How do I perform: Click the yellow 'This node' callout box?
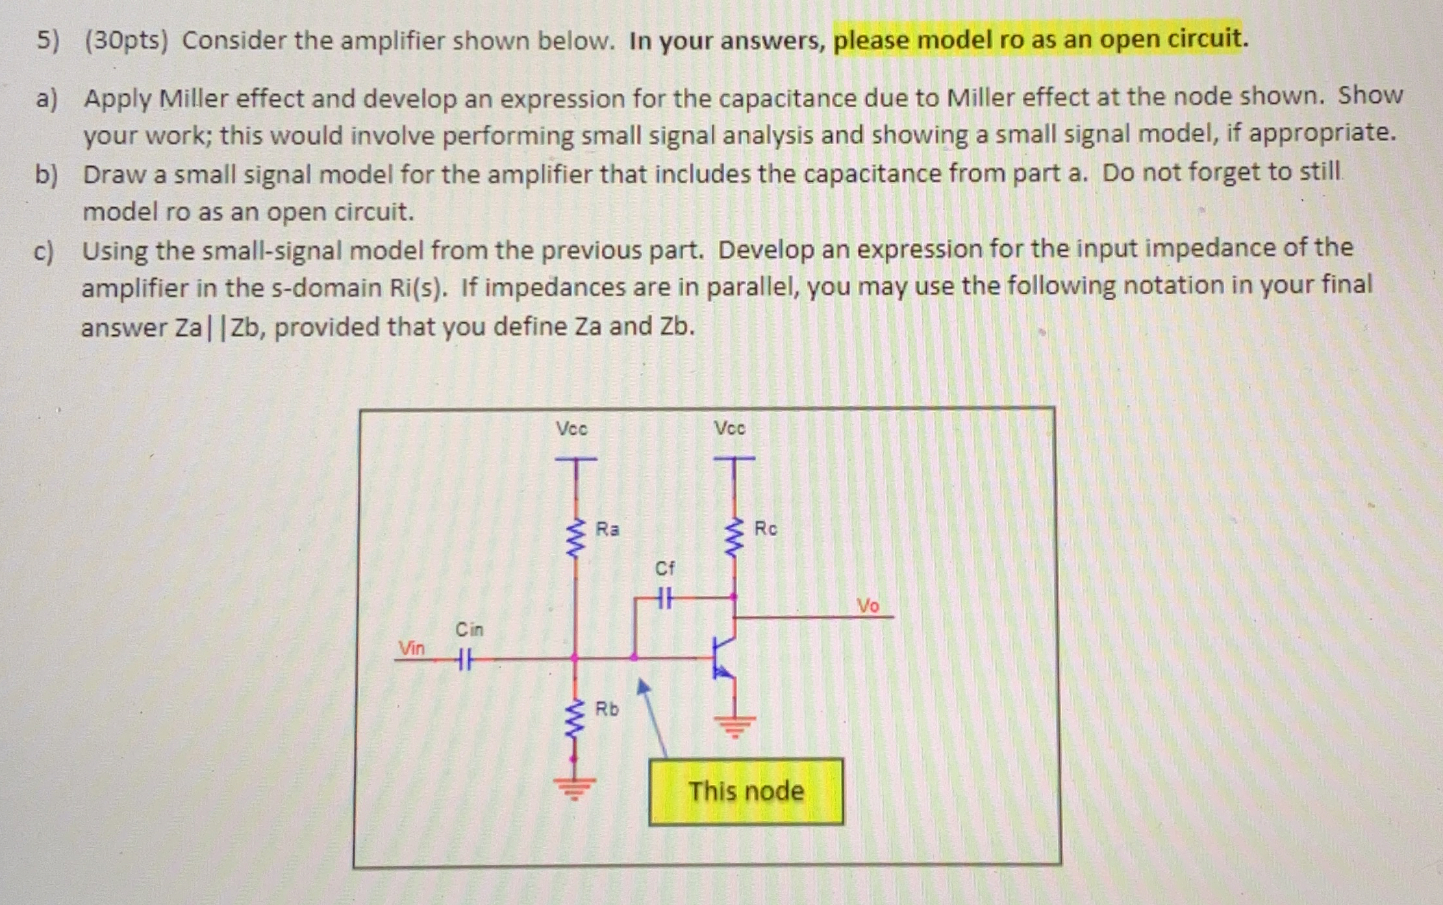coord(746,791)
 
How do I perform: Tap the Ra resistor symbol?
coord(575,539)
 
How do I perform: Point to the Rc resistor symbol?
coord(734,539)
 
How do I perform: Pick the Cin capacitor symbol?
coord(463,661)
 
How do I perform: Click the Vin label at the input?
coord(411,648)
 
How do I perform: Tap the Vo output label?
coord(868,605)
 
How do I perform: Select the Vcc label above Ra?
coord(571,429)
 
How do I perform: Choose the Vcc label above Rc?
coord(730,428)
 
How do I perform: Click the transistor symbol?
coord(724,658)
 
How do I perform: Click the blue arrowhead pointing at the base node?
coord(643,687)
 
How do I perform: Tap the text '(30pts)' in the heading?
coord(126,41)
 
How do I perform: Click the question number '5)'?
coord(47,41)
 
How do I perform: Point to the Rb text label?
coord(607,709)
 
